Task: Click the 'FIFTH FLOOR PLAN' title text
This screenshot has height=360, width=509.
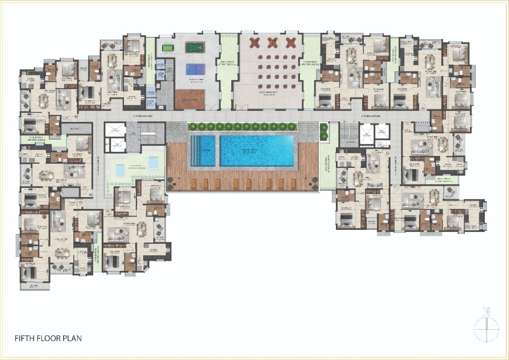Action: click(48, 338)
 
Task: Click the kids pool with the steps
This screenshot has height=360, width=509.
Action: click(203, 150)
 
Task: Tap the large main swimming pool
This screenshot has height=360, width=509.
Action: click(257, 150)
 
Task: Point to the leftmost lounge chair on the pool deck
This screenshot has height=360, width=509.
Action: click(194, 184)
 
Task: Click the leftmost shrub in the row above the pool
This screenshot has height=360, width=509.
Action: click(191, 126)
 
